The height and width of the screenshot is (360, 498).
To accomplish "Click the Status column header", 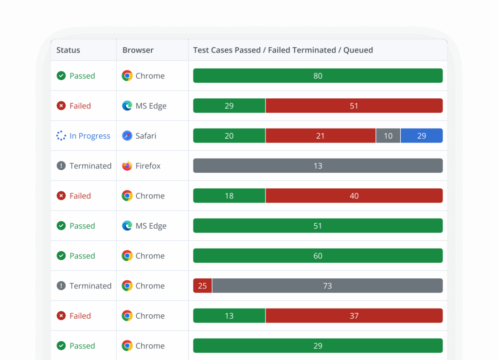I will point(68,50).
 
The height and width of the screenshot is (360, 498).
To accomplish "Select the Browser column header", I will point(138,50).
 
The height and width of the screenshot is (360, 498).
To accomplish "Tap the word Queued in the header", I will point(358,50).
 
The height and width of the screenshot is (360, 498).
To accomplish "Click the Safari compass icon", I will point(127,136).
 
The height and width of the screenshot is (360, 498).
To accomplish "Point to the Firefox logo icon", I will point(127,166).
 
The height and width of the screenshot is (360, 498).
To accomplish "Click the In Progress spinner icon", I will point(61,136).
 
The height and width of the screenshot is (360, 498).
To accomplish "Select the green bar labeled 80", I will point(318,76).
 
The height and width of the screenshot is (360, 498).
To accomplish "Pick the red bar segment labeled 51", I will point(354,106).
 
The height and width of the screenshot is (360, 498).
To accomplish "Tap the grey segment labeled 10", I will point(388,136).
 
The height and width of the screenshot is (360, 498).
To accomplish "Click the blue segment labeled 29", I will point(422,136).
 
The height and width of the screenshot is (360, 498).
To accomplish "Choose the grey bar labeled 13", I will point(318,166).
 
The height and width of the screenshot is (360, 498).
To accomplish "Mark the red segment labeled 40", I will point(354,196).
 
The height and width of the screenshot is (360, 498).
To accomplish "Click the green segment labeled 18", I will point(229,196).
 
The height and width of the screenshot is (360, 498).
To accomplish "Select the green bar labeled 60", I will point(318,256).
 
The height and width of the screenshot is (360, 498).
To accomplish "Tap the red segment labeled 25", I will point(202,286).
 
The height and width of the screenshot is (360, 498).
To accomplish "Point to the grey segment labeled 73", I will point(327,286).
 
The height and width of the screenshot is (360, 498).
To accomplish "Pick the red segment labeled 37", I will point(354,316).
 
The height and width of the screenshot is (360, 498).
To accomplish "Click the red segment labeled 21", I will point(320,136).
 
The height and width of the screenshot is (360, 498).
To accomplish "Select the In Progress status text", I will point(90,136).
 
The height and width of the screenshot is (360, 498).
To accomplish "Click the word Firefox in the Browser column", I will point(148,166).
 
